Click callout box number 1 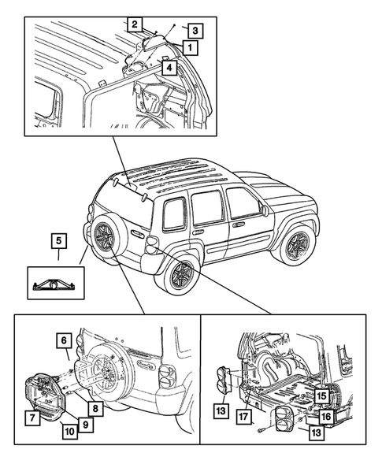tap(190, 47)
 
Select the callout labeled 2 tap(135, 24)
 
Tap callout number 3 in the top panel tap(195, 31)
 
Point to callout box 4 tap(169, 68)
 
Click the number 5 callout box tap(59, 241)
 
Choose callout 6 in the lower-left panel tap(64, 341)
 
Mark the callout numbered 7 tap(32, 418)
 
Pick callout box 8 tap(95, 409)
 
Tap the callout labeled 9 tap(86, 425)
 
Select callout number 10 tap(70, 432)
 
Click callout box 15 tap(321, 396)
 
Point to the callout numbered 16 tap(326, 417)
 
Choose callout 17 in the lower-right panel tap(243, 417)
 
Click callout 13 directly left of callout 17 tap(221, 410)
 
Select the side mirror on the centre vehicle tap(264, 210)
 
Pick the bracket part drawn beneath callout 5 tap(55, 285)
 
